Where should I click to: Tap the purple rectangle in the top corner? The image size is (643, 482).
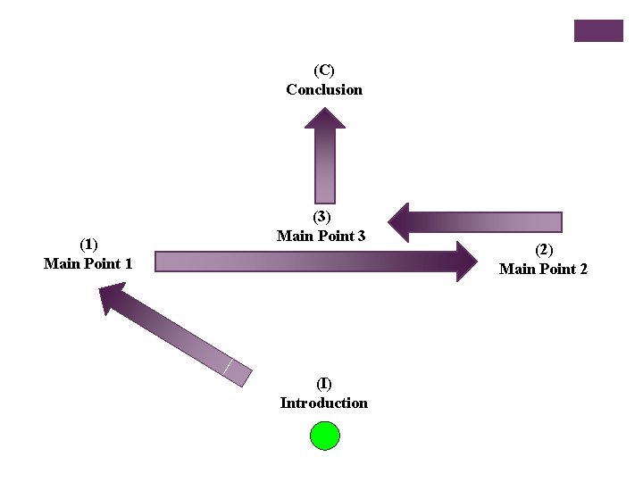click(597, 30)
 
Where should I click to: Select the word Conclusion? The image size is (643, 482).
click(324, 89)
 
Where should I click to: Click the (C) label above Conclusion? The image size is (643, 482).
click(324, 70)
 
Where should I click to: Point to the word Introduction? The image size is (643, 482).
click(324, 403)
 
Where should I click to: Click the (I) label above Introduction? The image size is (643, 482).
click(324, 384)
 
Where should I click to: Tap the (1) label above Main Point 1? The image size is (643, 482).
click(88, 245)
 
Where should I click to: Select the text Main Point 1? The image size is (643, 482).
click(88, 263)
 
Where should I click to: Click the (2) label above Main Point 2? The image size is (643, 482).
click(544, 250)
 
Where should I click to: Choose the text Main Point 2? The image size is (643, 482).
click(544, 269)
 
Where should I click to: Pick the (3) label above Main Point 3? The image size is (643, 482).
click(321, 217)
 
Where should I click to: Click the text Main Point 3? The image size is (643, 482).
click(321, 236)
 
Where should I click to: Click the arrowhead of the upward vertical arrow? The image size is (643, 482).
click(325, 118)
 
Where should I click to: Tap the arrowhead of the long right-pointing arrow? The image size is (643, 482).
click(467, 262)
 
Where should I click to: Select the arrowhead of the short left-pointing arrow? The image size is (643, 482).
click(399, 221)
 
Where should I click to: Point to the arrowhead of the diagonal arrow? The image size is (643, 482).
click(110, 295)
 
